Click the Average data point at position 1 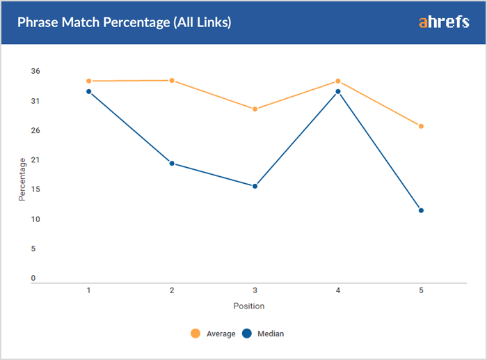tap(89, 81)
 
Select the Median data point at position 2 tap(172, 164)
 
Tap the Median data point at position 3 tap(255, 186)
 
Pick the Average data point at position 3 tap(255, 109)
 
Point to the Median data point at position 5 tap(421, 210)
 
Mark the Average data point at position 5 tap(421, 126)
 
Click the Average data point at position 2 tap(172, 80)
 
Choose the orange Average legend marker tap(195, 334)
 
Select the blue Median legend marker tap(247, 334)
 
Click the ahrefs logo tap(443, 22)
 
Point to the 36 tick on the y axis tap(35, 71)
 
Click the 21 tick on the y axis tap(35, 160)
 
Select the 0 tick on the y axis tap(33, 279)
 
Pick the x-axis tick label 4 tap(338, 290)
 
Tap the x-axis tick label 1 tap(89, 290)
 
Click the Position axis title tap(249, 306)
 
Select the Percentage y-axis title tap(22, 180)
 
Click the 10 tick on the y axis tap(35, 219)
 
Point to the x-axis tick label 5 tap(421, 290)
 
